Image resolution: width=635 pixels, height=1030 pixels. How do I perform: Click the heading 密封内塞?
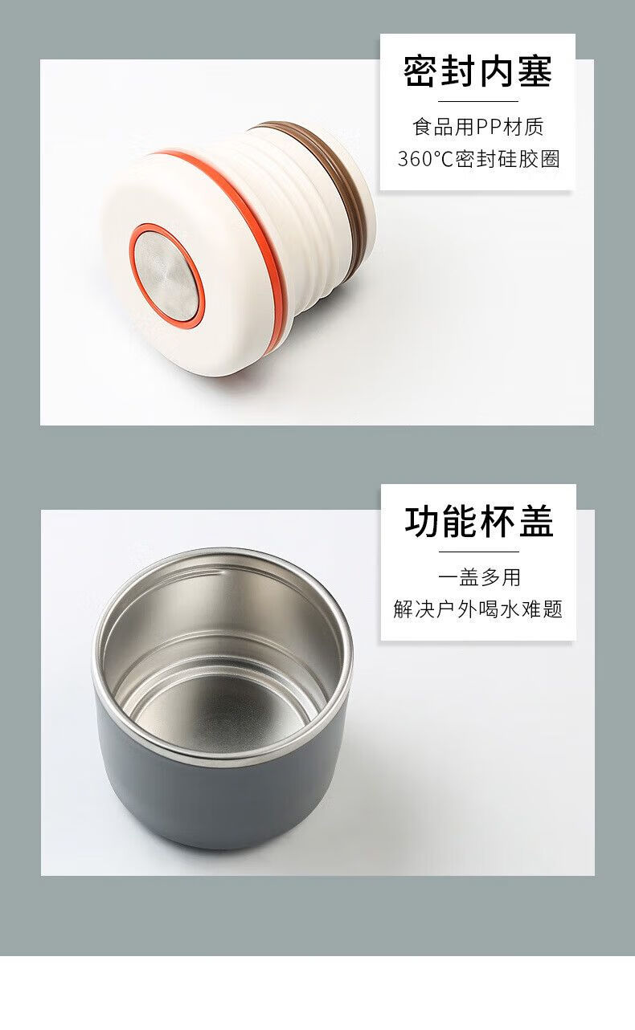[477, 71]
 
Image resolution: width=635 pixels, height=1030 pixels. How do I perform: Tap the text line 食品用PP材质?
[478, 127]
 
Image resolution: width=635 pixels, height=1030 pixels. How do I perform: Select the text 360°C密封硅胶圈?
[478, 159]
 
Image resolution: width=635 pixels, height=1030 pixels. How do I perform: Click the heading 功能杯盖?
[479, 522]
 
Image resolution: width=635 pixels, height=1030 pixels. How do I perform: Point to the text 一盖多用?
[479, 577]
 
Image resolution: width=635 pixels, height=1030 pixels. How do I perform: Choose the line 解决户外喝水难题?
[478, 609]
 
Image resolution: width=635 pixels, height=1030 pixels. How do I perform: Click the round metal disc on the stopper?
[166, 275]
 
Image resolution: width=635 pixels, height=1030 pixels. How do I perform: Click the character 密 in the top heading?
[420, 71]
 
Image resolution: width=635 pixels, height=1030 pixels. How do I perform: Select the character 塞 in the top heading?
[535, 71]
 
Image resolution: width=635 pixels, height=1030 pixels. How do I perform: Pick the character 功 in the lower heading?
[422, 522]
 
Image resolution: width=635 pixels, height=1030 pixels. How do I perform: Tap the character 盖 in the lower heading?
[536, 522]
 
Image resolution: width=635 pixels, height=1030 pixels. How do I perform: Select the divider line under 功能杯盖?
[479, 552]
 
